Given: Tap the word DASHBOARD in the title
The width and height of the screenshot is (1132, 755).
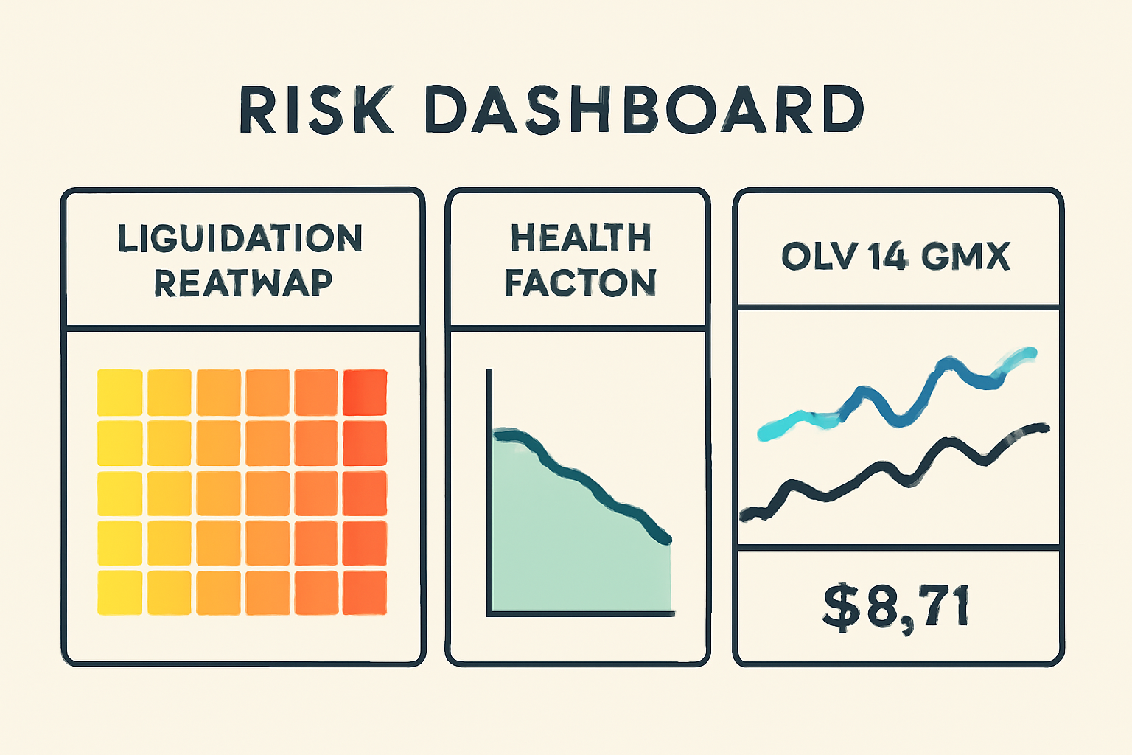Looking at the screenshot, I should click(643, 111).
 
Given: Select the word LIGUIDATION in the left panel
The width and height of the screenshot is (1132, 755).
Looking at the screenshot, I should click(240, 238).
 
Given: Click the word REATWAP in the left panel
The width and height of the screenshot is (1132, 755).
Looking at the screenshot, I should click(243, 283).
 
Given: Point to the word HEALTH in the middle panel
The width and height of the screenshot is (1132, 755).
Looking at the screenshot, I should click(581, 238).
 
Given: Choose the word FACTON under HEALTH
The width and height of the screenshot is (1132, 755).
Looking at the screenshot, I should click(581, 283).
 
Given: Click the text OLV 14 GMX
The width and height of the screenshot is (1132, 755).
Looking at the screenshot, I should click(895, 257).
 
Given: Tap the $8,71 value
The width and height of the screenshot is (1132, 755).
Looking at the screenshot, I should click(895, 608).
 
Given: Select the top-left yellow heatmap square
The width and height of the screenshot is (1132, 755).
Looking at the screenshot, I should click(120, 392).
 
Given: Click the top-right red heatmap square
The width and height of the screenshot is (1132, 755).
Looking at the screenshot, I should click(365, 392).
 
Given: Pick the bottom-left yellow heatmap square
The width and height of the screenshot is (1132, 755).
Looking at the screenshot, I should click(120, 592).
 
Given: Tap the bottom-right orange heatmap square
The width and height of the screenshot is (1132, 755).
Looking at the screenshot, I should click(365, 592).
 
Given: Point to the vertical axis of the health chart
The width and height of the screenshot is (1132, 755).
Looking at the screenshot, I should click(489, 487).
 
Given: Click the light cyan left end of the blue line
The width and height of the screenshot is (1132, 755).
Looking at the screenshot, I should click(770, 431).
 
